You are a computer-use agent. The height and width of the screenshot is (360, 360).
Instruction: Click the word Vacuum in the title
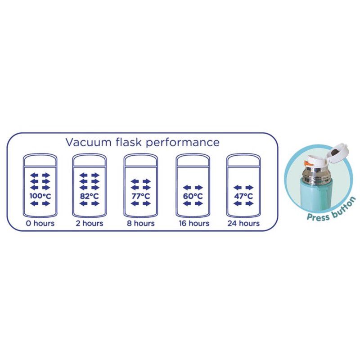coord(86,142)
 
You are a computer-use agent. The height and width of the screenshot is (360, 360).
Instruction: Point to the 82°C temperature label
coord(90,196)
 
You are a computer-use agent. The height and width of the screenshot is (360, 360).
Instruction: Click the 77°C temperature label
coord(141,196)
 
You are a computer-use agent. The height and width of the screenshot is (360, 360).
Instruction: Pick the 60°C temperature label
coord(193,196)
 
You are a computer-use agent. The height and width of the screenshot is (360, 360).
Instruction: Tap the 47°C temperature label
coord(243,196)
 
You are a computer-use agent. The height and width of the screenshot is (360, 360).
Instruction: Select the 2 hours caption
coord(90,223)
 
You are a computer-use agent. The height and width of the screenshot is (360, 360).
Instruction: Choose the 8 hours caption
coord(141,223)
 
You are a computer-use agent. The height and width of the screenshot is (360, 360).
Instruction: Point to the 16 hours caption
coord(193,223)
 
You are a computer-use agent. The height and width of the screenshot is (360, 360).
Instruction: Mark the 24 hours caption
coord(243,223)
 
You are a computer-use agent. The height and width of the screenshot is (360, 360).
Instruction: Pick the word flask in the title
coord(131,142)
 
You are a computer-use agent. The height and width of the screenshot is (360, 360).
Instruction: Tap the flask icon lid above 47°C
coord(243,160)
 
